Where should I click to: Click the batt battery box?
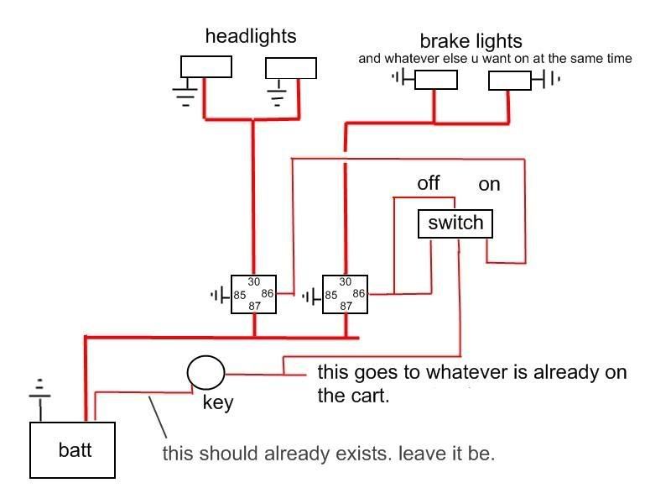pos(72,449)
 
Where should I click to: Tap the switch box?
pos(455,223)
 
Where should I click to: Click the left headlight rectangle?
pos(206,66)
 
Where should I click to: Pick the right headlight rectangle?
pos(290,67)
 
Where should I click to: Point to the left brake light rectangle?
pos(436,80)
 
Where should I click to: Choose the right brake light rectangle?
pos(510,80)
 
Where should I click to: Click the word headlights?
pos(251,36)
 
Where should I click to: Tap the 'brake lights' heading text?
pos(471,40)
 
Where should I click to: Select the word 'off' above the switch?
pos(428,183)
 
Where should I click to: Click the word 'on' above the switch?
pos(489,184)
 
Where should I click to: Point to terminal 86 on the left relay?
pos(267,293)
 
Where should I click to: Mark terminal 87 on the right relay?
pos(346,306)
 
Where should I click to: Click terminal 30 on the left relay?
pos(254,281)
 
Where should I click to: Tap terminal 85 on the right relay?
pos(331,295)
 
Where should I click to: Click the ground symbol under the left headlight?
pos(186,93)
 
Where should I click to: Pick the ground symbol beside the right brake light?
pos(546,80)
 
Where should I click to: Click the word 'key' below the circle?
pos(218,402)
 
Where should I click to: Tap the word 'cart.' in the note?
pos(371,396)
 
